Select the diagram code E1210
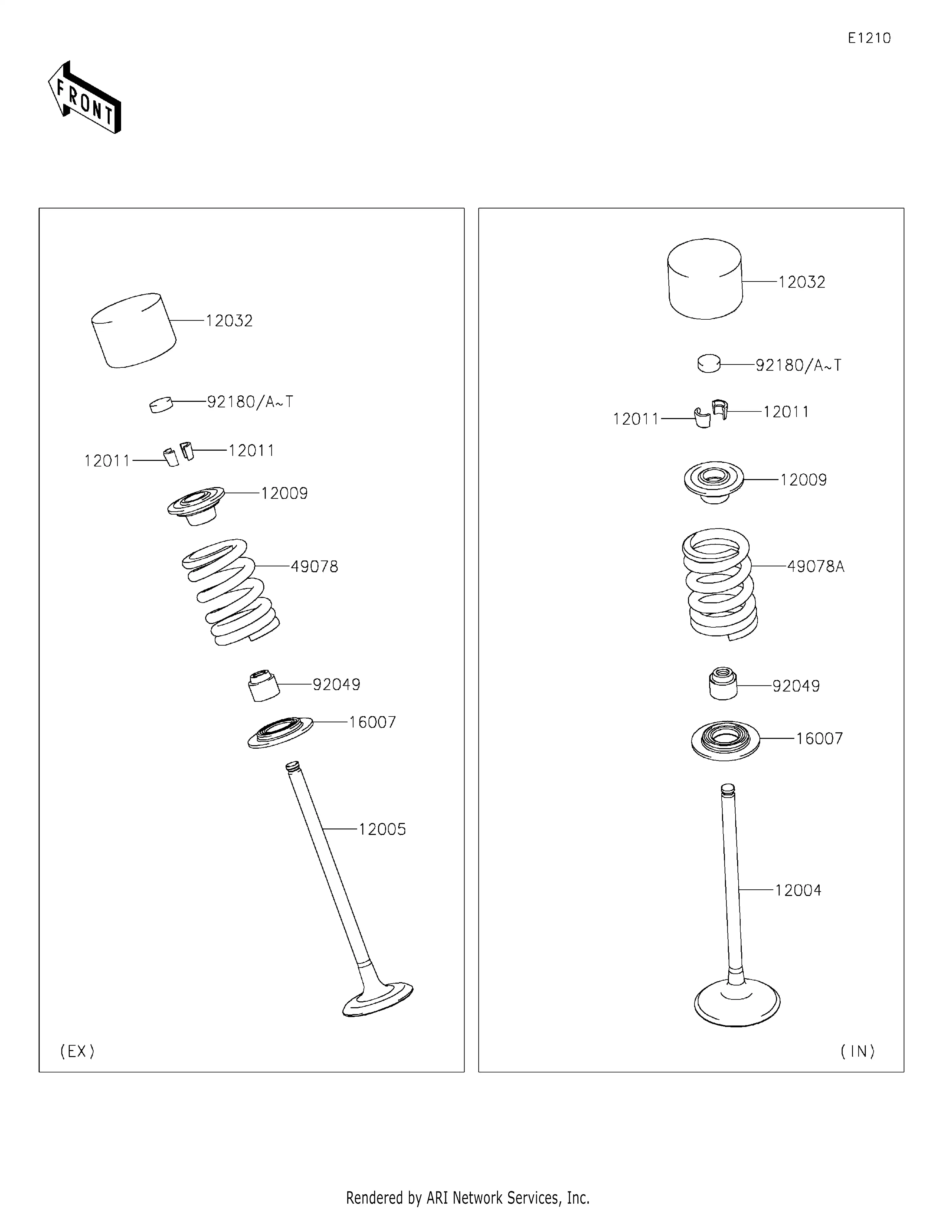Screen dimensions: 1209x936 coord(869,38)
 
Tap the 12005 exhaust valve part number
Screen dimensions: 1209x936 coord(382,829)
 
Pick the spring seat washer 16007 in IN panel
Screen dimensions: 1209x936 coord(725,740)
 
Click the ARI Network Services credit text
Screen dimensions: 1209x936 coord(468,1197)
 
